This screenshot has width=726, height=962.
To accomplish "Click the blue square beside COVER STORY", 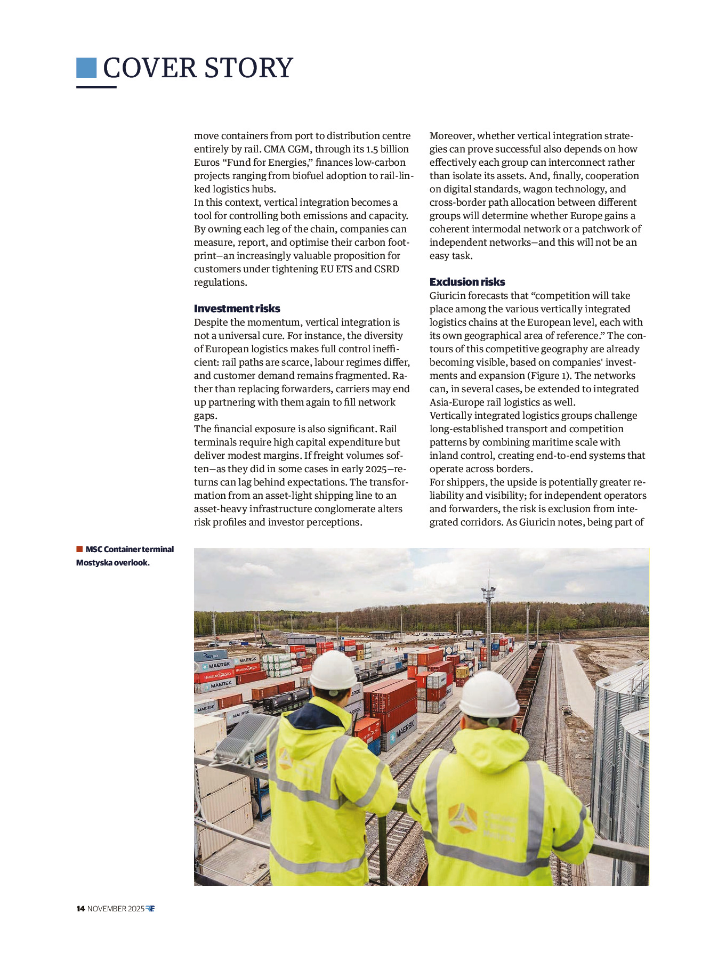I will pyautogui.click(x=86, y=68).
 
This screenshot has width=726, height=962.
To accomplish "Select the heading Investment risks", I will pyautogui.click(x=237, y=309).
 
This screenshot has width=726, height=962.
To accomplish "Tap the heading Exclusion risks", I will pyautogui.click(x=467, y=282).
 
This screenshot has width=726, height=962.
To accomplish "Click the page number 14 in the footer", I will pyautogui.click(x=80, y=909).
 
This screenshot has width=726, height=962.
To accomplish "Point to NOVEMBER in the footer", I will pyautogui.click(x=107, y=909).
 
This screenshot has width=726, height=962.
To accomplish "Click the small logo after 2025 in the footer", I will pyautogui.click(x=150, y=909).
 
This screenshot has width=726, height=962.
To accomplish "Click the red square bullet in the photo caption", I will pyautogui.click(x=79, y=549).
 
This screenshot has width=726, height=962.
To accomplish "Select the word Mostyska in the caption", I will pyautogui.click(x=93, y=563).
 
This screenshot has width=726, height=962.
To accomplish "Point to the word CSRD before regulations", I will pyautogui.click(x=386, y=269).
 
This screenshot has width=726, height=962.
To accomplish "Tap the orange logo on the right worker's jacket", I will pyautogui.click(x=462, y=818).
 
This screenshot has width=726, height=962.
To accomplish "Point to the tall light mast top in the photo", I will pyautogui.click(x=488, y=591).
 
